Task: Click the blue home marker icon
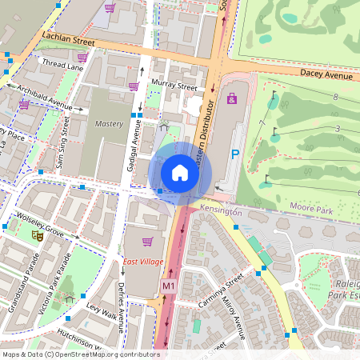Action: click(180, 173)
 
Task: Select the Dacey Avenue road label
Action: click(326, 74)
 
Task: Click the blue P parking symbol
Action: click(235, 154)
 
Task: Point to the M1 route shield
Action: click(168, 286)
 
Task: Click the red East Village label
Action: click(143, 262)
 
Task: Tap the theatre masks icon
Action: click(37, 235)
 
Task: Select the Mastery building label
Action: click(109, 124)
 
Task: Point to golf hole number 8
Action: click(335, 97)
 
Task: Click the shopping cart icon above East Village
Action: click(146, 241)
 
